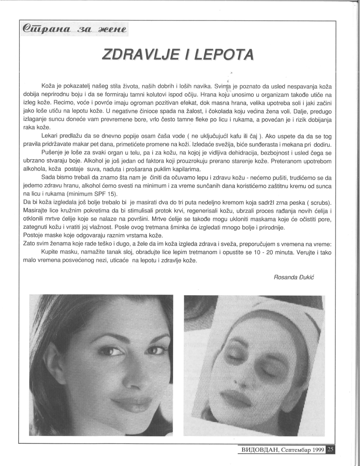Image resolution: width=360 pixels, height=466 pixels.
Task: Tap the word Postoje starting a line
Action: (32, 235)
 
